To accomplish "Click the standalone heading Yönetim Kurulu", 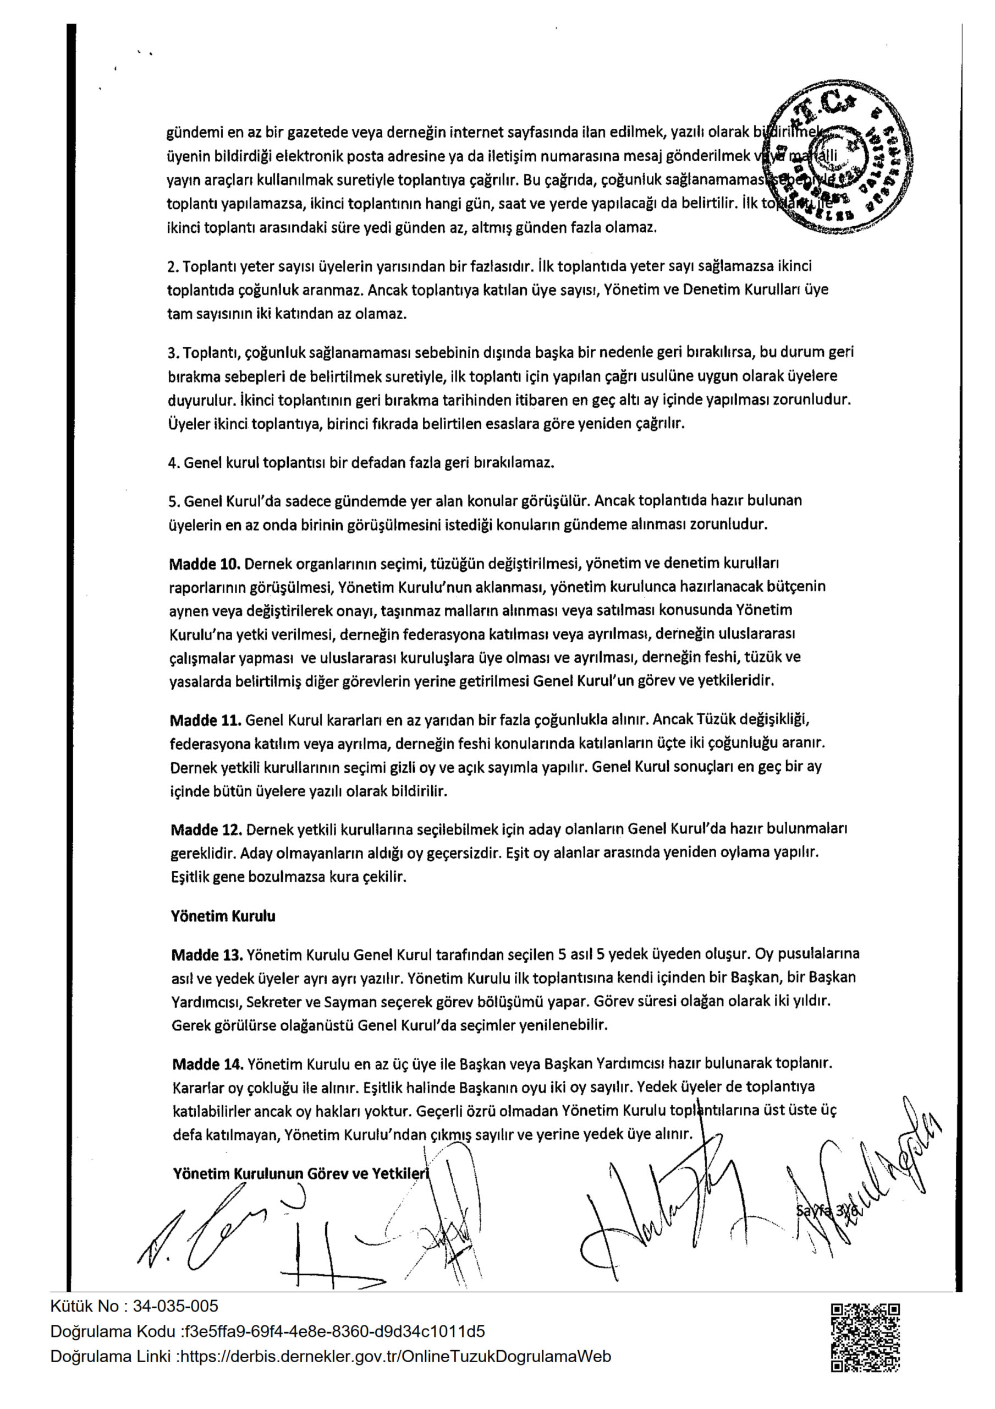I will (x=223, y=916).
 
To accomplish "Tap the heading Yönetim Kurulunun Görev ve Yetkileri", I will (x=300, y=1174).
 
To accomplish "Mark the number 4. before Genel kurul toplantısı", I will (x=173, y=463).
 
